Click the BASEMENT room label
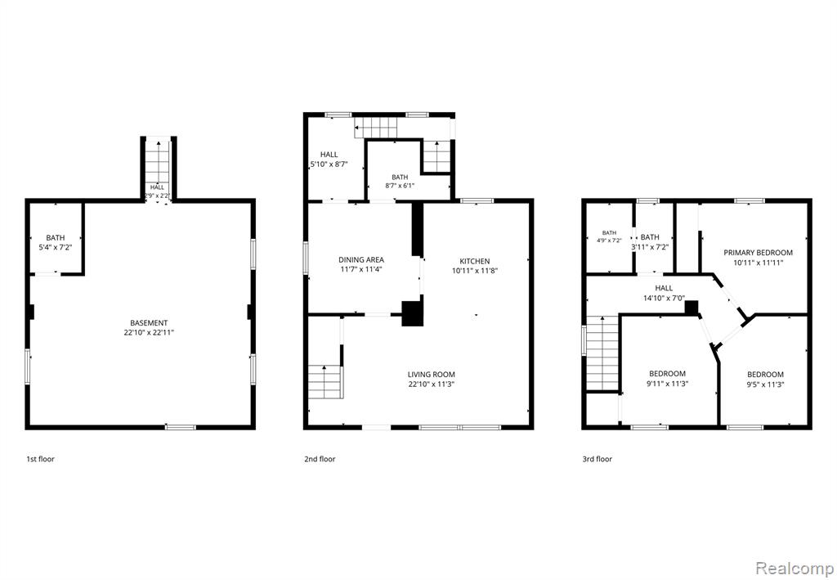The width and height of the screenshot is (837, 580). pos(149,323)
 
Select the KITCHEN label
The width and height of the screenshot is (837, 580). pos(475,261)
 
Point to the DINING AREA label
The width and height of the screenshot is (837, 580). pos(360,260)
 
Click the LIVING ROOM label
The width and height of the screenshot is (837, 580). pos(432,375)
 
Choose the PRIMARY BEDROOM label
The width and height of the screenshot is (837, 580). pos(758,253)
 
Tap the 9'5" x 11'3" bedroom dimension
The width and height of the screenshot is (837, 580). pos(765,384)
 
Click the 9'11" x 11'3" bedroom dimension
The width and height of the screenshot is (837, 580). pos(667,383)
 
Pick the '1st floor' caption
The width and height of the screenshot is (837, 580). pos(41,459)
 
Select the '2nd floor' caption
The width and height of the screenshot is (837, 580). pos(320,459)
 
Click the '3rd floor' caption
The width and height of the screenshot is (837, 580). pos(598,459)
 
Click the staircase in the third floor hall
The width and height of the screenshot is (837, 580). pos(602,353)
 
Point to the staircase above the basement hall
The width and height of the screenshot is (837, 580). pos(158,161)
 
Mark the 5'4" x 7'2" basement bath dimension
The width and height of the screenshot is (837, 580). pos(56,247)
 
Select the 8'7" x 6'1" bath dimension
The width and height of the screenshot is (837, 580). pos(400,186)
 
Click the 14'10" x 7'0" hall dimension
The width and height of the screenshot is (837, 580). pos(664,299)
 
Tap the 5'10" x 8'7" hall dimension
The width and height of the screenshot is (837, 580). pos(329,164)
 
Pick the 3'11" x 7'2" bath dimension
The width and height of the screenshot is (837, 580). pos(650,247)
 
